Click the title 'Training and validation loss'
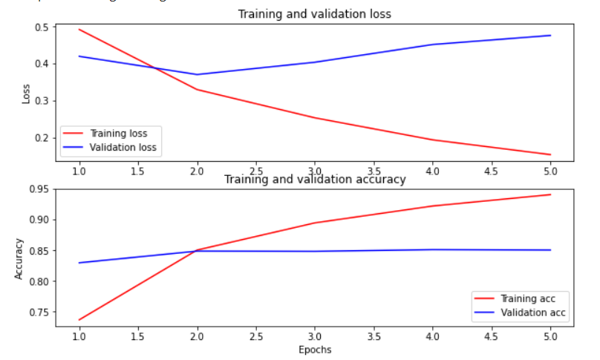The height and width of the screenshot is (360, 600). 314,14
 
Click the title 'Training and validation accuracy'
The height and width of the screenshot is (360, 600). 315,180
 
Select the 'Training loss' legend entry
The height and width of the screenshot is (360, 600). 118,134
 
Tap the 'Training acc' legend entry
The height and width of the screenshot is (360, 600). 528,298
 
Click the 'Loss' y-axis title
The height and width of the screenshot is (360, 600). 27,93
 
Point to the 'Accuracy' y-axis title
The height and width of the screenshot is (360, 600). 19,258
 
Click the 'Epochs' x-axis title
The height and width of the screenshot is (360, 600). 314,350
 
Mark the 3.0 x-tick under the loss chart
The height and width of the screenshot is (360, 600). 314,171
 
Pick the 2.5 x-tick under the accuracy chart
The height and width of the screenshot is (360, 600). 255,336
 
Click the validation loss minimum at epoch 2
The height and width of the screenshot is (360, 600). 197,74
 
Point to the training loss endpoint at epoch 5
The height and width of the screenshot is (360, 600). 550,154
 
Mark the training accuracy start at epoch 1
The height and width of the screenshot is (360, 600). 79,320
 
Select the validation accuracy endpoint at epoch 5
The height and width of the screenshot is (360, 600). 550,250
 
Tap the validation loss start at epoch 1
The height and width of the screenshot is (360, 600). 79,56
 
